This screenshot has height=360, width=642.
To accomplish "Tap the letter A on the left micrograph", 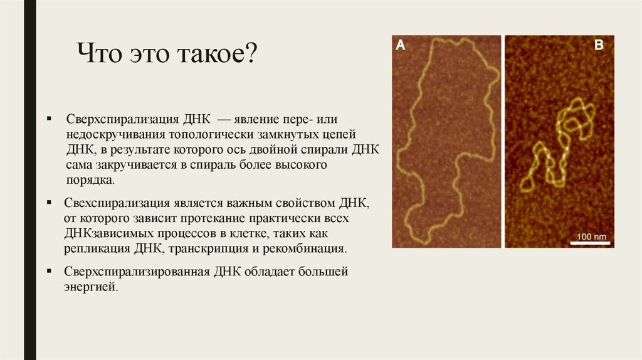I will tap(401, 45).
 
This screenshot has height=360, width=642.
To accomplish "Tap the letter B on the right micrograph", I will tap(599, 45).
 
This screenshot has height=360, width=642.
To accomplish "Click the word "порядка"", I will tap(90, 179).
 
